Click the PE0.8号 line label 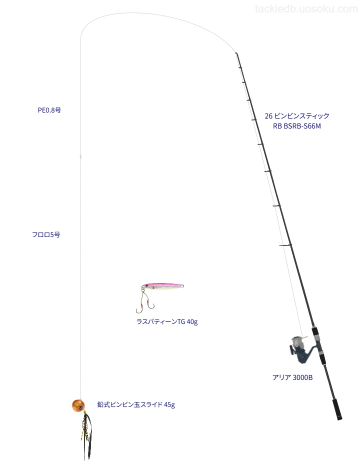point(49,110)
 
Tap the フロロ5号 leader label point(46,234)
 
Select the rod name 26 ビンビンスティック point(297,115)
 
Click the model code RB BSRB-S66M point(297,126)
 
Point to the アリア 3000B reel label point(292,377)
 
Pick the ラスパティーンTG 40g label point(167,321)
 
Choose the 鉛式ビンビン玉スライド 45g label point(136,404)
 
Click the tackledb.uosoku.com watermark point(306,9)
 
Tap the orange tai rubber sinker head point(78,405)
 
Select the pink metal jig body point(162,286)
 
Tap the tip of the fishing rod point(236,53)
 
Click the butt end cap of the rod point(339,418)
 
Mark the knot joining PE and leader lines point(80,156)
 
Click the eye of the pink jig point(146,285)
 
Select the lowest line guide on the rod point(286,245)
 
